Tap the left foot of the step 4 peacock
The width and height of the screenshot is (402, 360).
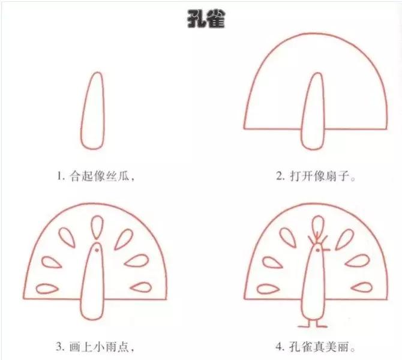(x=307, y=324)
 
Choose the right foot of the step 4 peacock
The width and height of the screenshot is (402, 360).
(x=322, y=324)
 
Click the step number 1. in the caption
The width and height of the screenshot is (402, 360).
(x=61, y=176)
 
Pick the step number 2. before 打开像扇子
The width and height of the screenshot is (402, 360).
(x=280, y=176)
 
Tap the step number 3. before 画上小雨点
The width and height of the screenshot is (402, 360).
(x=60, y=347)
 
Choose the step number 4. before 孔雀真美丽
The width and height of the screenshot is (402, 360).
(x=280, y=347)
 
